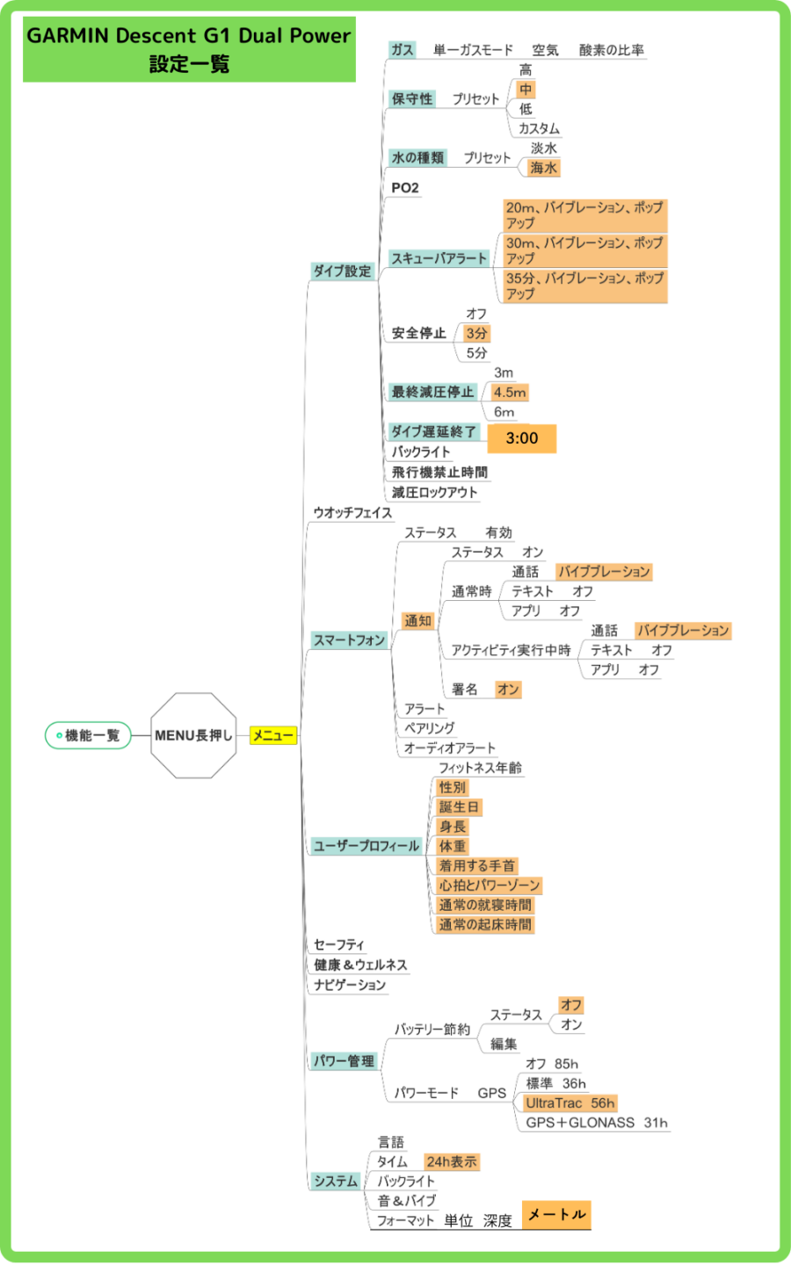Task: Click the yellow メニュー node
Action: tap(272, 735)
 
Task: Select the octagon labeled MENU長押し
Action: tap(193, 735)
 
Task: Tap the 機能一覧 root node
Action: tap(88, 735)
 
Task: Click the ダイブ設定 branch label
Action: tap(343, 271)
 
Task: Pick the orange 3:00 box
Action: tap(521, 438)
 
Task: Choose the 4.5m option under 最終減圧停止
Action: tap(510, 392)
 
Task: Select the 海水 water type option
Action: tap(543, 168)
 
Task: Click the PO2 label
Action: tap(405, 187)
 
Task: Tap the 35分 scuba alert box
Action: tap(584, 286)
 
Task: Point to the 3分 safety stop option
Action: tap(476, 333)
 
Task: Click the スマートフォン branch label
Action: tap(349, 640)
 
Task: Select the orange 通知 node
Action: tap(417, 620)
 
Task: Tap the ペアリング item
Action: tap(430, 728)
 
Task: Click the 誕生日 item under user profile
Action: tap(459, 807)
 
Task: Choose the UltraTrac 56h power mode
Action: tap(570, 1103)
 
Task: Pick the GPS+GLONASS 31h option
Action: tap(597, 1123)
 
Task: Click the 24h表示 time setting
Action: tap(452, 1161)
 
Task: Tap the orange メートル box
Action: tap(556, 1215)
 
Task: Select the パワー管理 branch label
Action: tap(345, 1060)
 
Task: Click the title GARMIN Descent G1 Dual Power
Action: tap(189, 35)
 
